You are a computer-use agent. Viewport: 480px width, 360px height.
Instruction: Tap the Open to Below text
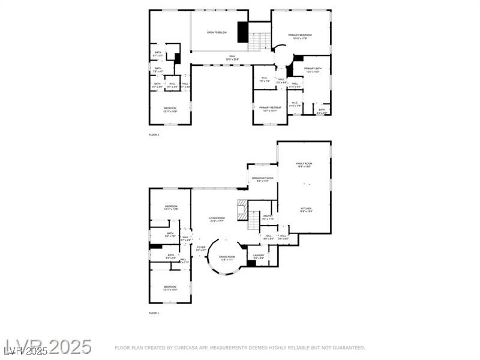click(x=217, y=32)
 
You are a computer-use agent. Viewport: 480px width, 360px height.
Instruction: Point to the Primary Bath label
click(x=313, y=70)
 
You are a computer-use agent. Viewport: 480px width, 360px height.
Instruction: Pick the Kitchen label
click(x=306, y=209)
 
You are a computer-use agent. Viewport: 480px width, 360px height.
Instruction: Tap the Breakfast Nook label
click(x=263, y=179)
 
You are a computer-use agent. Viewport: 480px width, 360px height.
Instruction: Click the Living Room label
click(x=217, y=219)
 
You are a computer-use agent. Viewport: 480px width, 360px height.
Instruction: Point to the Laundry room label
click(x=259, y=257)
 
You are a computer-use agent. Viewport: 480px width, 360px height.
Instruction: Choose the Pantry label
click(x=268, y=217)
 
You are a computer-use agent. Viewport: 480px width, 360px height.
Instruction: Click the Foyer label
click(x=201, y=248)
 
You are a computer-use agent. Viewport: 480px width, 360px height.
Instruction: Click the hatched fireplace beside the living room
click(x=242, y=210)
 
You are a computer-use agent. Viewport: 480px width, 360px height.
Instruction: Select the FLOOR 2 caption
click(x=154, y=135)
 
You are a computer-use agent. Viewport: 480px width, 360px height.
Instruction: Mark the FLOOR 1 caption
click(x=154, y=313)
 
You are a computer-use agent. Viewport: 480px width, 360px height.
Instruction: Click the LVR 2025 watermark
click(x=48, y=347)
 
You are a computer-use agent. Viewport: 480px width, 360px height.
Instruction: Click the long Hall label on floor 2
click(x=232, y=58)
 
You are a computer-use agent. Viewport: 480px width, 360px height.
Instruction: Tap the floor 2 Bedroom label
click(x=170, y=110)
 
